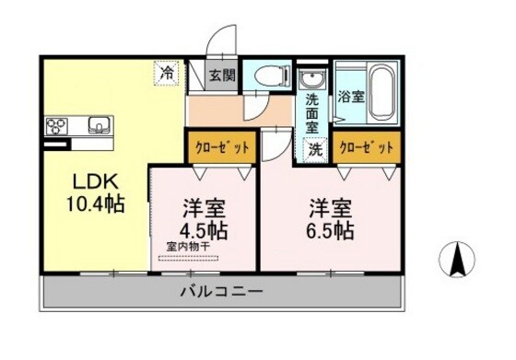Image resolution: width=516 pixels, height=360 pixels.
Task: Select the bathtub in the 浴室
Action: [x=380, y=92]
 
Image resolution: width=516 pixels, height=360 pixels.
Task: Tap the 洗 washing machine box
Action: [x=315, y=149]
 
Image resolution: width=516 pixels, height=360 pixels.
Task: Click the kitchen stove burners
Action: [x=56, y=125]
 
